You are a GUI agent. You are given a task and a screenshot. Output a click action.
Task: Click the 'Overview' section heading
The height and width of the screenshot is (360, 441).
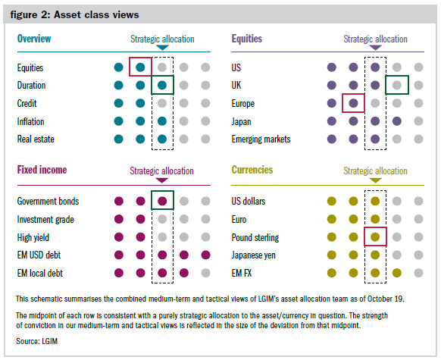[x=34, y=39]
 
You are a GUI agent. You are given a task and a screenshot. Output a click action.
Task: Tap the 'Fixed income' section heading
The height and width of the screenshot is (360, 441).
[x=42, y=170]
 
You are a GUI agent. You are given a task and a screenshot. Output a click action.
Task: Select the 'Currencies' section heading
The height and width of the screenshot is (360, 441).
[x=252, y=170]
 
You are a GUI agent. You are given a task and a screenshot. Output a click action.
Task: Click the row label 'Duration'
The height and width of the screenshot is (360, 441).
[x=31, y=85]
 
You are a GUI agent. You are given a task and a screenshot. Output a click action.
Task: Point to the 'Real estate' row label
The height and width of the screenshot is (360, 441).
[x=36, y=139]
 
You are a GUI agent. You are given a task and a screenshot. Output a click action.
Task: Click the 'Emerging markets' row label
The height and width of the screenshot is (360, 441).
[x=261, y=139]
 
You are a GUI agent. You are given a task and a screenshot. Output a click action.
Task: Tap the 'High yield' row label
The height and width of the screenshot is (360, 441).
[x=33, y=238]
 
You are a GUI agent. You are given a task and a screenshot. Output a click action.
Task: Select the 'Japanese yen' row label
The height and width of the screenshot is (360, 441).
[x=253, y=255]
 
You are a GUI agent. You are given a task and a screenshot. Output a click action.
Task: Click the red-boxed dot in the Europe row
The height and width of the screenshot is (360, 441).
[x=353, y=103]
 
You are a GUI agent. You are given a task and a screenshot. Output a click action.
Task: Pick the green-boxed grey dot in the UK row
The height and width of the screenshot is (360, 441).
[x=397, y=85]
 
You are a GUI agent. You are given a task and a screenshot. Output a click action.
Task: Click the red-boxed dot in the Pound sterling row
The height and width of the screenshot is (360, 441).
[x=375, y=237]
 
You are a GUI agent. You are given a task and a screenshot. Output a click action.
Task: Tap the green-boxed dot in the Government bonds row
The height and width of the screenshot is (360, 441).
[x=162, y=201]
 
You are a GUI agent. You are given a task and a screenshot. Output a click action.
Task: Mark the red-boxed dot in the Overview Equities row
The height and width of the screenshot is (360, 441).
[x=140, y=67]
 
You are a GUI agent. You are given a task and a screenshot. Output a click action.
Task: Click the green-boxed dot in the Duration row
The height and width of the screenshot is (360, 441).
[x=162, y=85]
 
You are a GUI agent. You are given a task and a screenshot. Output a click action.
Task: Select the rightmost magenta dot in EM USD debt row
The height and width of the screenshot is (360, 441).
[x=206, y=255]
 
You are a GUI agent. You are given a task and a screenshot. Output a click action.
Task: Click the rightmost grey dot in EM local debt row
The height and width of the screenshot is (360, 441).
[x=206, y=273]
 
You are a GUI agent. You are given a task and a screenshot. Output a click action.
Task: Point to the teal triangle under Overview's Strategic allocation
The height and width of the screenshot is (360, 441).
[x=162, y=48]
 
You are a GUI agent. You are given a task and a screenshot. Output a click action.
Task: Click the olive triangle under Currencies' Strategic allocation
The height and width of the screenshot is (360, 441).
[x=375, y=180]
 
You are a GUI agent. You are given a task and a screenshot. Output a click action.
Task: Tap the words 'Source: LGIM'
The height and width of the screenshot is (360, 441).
[x=37, y=341]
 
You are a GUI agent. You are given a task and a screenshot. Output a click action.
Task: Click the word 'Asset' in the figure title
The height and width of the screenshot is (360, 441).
[x=67, y=14]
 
